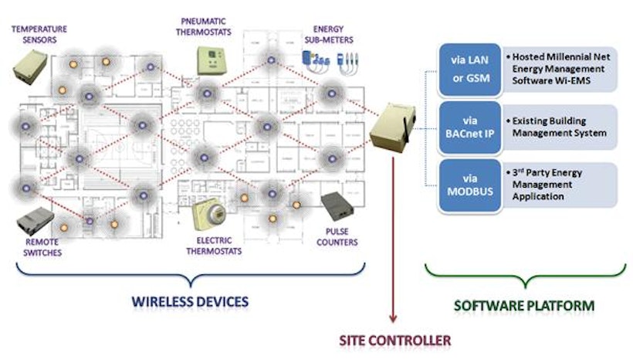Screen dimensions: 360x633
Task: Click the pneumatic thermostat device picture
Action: (x=208, y=60)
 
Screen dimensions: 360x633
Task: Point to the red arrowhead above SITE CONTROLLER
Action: (x=394, y=317)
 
